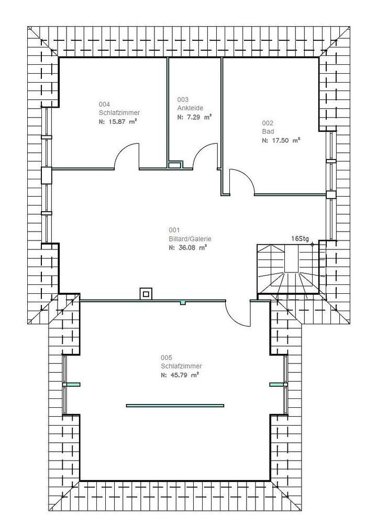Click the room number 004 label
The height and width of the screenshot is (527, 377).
(104, 104)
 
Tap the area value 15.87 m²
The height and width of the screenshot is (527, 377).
(121, 121)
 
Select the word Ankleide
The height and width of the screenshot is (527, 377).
(190, 108)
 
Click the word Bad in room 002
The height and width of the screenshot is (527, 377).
(268, 132)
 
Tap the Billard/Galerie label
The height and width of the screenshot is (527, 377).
(186, 239)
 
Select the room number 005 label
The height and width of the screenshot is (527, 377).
(166, 358)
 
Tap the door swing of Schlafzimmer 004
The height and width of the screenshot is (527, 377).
(127, 157)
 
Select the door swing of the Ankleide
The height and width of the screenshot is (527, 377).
(205, 157)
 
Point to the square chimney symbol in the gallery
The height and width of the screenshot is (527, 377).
(146, 294)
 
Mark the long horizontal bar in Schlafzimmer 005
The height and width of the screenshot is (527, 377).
(175, 405)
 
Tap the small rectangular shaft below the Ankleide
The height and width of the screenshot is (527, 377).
(175, 165)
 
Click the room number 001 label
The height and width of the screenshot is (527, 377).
(174, 230)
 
